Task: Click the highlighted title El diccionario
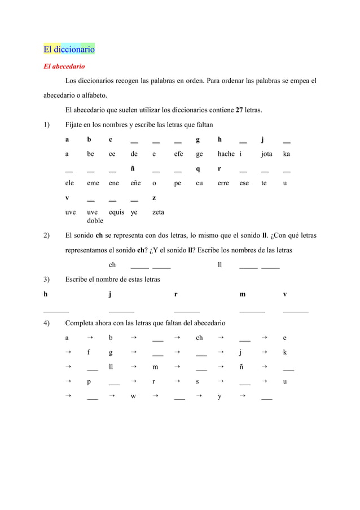[69, 49]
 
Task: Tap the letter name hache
[226, 154]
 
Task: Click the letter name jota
[267, 154]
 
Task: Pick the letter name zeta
[159, 212]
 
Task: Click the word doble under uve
[95, 221]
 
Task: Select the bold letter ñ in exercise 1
[133, 169]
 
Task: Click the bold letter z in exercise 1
[155, 198]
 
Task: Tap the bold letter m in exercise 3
[243, 294]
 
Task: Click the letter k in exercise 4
[285, 352]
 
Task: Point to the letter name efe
[178, 154]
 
